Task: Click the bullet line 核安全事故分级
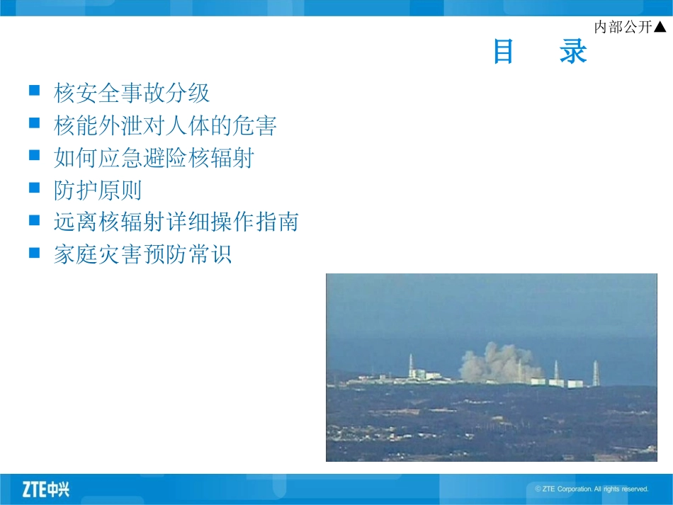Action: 132,93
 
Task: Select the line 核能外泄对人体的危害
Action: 165,125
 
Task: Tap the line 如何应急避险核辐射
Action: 154,158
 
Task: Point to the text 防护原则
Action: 98,190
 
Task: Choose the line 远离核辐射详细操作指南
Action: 176,222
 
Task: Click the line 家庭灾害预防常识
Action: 142,255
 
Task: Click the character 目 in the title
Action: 504,52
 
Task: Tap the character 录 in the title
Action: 572,52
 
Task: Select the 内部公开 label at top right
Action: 623,27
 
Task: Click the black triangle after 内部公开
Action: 660,27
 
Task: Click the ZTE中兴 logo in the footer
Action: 46,489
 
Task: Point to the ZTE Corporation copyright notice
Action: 592,489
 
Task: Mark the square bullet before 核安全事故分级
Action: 34,91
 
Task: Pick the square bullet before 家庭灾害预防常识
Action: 34,253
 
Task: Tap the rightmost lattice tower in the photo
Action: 596,373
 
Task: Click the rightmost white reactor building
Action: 575,383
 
